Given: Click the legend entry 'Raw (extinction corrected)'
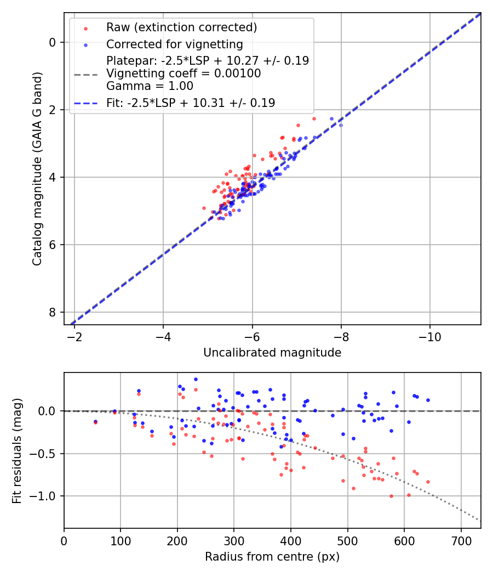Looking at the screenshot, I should tap(181, 27).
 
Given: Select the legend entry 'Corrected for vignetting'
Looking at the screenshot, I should tap(175, 44).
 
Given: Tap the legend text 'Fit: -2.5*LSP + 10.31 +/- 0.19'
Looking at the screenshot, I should tap(191, 103).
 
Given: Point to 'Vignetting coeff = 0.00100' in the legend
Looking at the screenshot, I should tap(184, 74).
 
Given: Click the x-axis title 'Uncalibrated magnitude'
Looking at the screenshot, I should tap(272, 353).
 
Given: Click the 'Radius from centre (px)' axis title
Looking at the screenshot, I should tap(272, 557).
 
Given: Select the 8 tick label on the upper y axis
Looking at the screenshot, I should tap(53, 312).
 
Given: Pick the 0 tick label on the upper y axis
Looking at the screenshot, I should tap(53, 42).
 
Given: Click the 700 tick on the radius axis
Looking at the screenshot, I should tap(461, 540).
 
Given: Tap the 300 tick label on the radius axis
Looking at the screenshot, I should tap(234, 540).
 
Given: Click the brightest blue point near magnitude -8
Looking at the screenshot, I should tap(341, 125).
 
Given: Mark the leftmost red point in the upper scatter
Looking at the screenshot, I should tap(204, 208).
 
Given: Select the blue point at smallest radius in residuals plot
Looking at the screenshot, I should tap(95, 421).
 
